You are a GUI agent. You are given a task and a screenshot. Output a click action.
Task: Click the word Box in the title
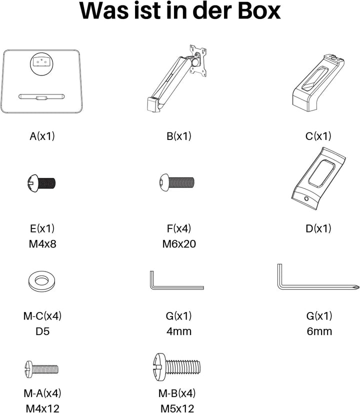click(259, 11)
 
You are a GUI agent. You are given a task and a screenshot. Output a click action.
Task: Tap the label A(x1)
click(42, 136)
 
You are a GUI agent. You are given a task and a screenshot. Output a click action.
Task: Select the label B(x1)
click(179, 136)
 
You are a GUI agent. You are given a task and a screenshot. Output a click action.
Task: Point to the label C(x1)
click(318, 136)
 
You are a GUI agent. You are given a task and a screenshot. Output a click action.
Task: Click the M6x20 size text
click(179, 244)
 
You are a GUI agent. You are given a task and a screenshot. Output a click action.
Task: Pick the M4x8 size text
click(42, 244)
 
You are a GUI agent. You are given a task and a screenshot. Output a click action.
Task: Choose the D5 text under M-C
click(42, 331)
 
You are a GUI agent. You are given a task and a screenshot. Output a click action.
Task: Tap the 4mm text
click(179, 331)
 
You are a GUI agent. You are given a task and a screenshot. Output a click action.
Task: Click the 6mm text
click(319, 331)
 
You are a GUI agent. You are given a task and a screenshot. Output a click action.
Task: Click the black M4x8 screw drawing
click(41, 183)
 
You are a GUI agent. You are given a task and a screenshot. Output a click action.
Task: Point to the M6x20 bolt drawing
click(177, 182)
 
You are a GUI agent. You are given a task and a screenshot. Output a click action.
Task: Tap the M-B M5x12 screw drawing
click(176, 367)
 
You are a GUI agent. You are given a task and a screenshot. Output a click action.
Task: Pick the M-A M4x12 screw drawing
click(41, 369)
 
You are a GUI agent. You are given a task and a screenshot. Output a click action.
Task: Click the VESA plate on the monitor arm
click(198, 60)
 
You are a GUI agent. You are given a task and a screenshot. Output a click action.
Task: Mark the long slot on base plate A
click(41, 96)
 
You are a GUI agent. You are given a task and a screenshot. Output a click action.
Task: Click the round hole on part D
click(306, 198)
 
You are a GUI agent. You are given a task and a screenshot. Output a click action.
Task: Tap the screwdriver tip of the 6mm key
click(356, 287)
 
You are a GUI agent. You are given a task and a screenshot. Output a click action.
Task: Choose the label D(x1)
click(318, 228)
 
